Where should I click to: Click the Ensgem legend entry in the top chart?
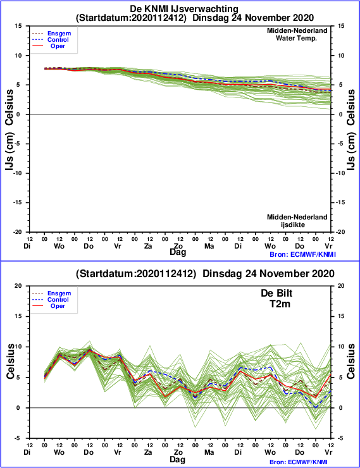[59, 34]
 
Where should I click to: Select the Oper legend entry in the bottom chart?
[58, 306]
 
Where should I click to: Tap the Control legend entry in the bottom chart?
[58, 300]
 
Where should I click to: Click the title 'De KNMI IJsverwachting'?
[184, 9]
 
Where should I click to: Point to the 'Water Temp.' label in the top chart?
[296, 38]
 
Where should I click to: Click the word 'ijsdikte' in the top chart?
[293, 225]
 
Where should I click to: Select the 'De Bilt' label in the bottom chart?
[276, 293]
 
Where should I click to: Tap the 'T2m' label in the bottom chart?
[280, 304]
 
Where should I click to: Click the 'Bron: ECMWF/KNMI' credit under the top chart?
[302, 254]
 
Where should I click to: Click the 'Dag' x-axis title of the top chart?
[178, 252]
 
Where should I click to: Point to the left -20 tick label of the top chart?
[18, 232]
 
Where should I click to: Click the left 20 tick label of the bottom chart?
[18, 286]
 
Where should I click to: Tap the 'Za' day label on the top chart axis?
[148, 246]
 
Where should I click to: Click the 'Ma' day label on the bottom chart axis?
[209, 452]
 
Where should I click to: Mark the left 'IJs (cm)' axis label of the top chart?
[9, 152]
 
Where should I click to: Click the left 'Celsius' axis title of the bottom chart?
[10, 361]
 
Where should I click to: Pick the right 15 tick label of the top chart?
[341, 26]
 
